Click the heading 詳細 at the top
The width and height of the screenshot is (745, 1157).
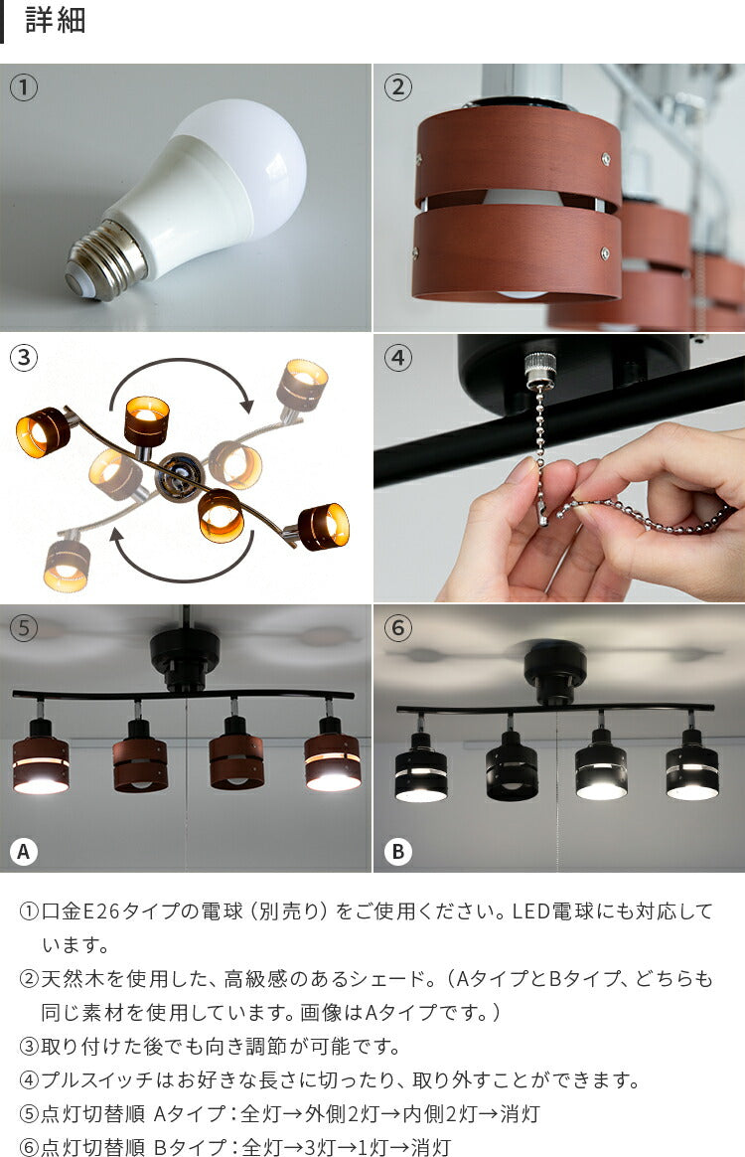click(56, 20)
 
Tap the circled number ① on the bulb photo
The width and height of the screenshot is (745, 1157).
click(24, 87)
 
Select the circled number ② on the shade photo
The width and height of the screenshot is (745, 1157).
click(398, 87)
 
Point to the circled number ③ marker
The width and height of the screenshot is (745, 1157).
click(24, 358)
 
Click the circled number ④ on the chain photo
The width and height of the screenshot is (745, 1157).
click(398, 358)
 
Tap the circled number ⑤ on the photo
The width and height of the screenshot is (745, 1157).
click(24, 628)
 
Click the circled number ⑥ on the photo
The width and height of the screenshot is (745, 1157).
click(398, 628)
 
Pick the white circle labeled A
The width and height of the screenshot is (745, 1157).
click(24, 852)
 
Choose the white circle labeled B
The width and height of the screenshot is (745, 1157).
click(398, 852)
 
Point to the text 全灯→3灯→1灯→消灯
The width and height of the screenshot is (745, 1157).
click(346, 1147)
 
